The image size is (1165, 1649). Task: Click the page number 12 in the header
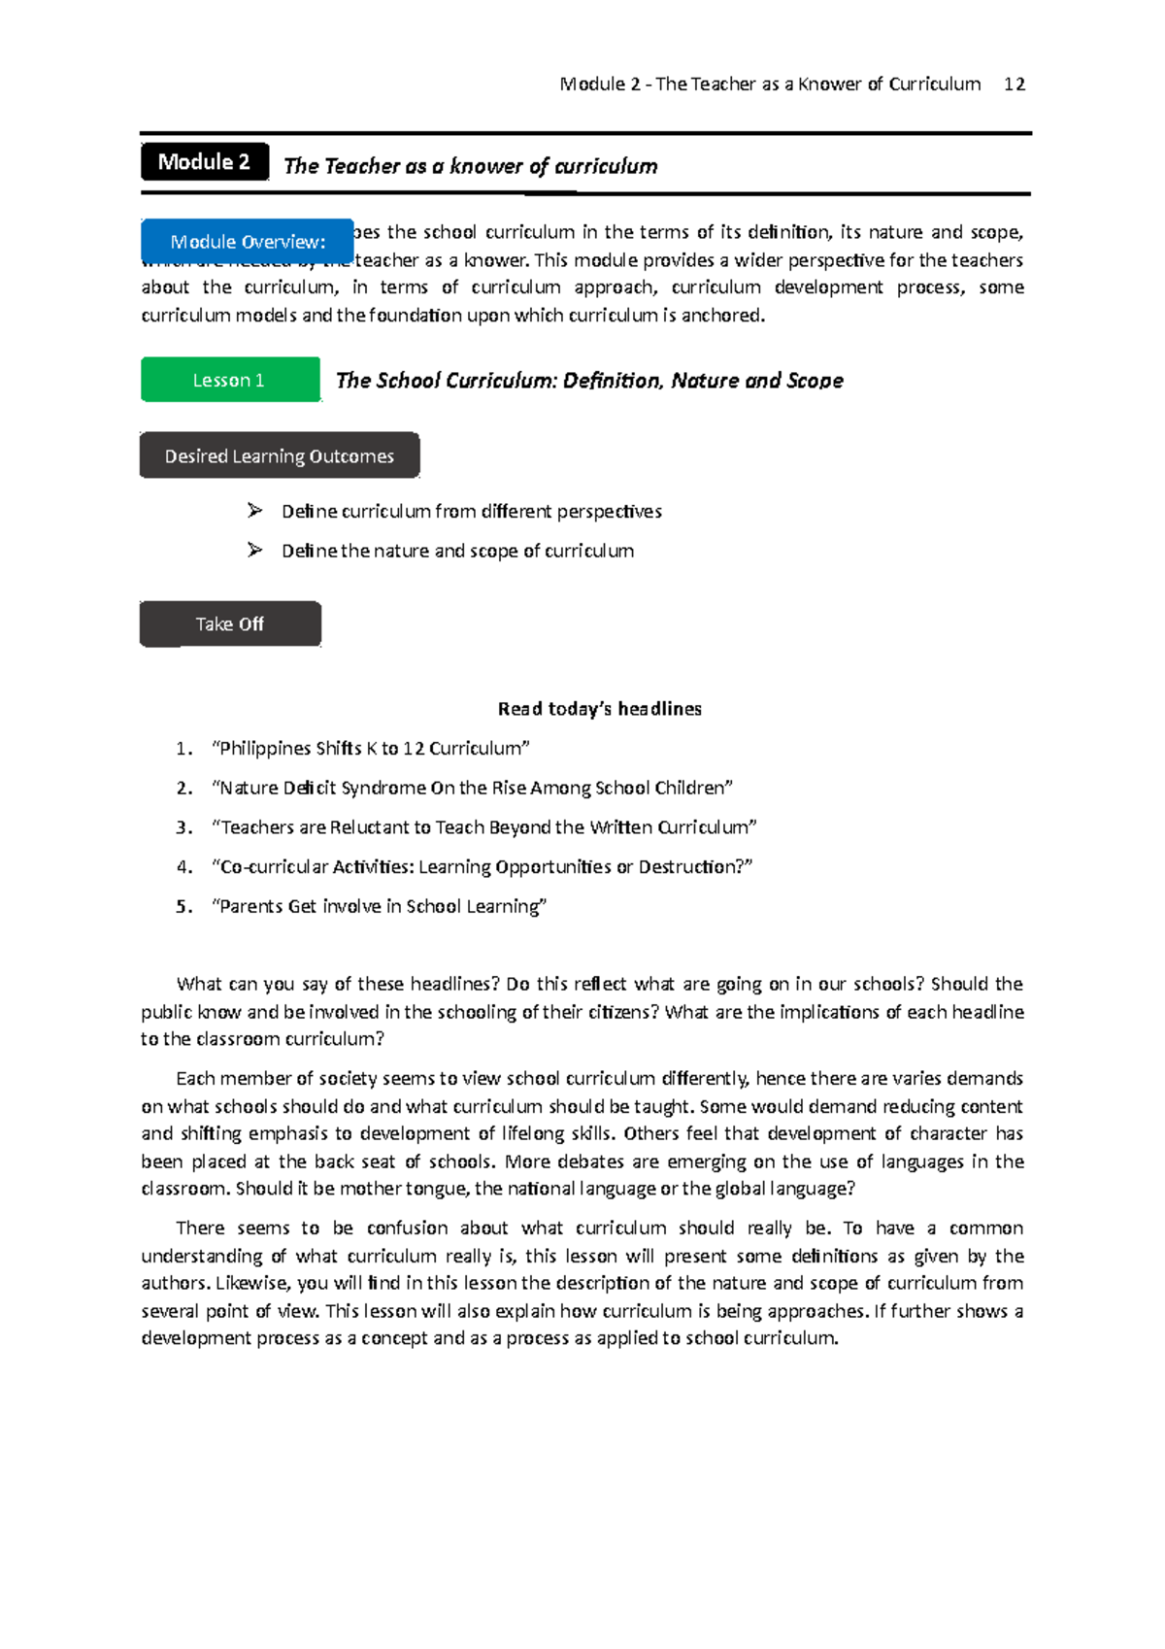(x=1015, y=84)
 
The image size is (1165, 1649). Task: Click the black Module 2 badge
(x=205, y=162)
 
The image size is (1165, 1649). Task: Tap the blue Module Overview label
(x=248, y=242)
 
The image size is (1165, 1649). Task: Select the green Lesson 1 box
(x=230, y=380)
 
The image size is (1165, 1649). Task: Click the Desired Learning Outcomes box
(x=280, y=455)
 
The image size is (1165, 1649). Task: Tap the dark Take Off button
(x=230, y=623)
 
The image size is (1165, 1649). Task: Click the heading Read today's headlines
(x=599, y=709)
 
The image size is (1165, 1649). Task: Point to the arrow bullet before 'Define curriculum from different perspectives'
(x=255, y=511)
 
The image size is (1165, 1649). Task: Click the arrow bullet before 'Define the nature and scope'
(x=255, y=551)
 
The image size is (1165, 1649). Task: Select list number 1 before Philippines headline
(x=183, y=749)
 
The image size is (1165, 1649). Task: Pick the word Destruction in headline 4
(x=688, y=867)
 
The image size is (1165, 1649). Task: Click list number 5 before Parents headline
(x=183, y=907)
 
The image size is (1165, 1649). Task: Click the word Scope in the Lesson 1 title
(x=815, y=381)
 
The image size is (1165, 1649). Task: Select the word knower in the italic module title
(x=485, y=166)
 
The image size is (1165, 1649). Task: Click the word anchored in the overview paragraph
(x=722, y=316)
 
